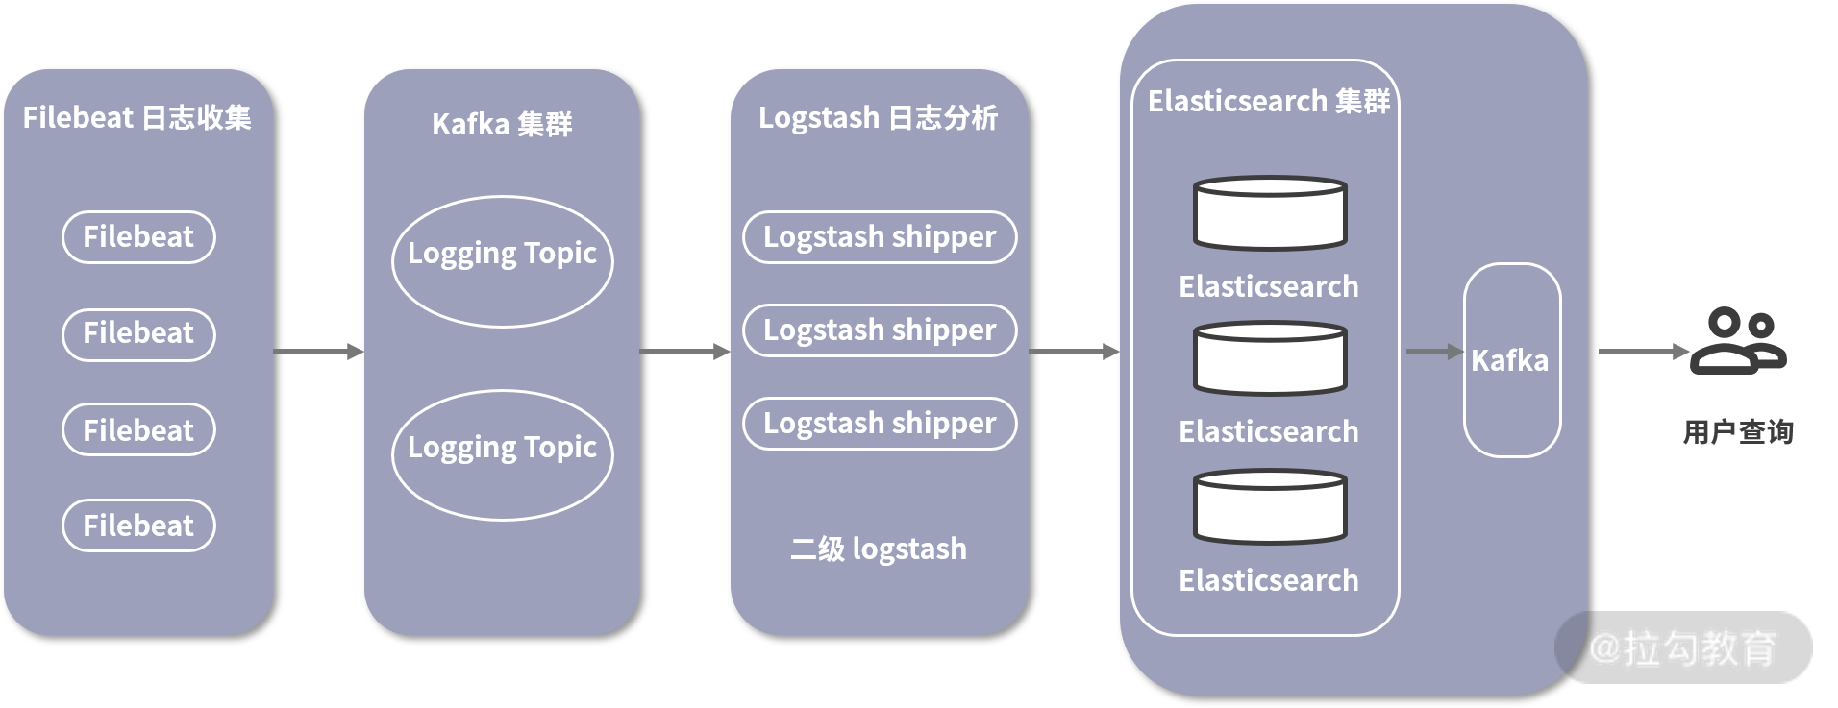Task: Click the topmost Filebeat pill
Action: pyautogui.click(x=138, y=237)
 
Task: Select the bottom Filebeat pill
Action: pyautogui.click(x=138, y=525)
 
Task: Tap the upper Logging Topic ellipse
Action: pyautogui.click(x=502, y=261)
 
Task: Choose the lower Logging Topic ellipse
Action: pyautogui.click(x=502, y=454)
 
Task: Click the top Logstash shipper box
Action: pyautogui.click(x=880, y=237)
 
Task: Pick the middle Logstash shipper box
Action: pyautogui.click(x=880, y=330)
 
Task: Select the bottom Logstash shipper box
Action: pyautogui.click(x=880, y=424)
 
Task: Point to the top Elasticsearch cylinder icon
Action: pyautogui.click(x=1269, y=213)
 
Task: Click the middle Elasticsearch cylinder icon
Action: pyautogui.click(x=1269, y=359)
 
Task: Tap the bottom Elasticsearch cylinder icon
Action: pyautogui.click(x=1269, y=507)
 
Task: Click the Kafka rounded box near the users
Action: pyautogui.click(x=1511, y=360)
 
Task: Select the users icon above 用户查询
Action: pyautogui.click(x=1738, y=341)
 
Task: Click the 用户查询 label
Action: pyautogui.click(x=1738, y=432)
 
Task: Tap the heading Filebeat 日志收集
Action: pyautogui.click(x=137, y=118)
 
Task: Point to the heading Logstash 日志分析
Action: pyautogui.click(x=878, y=118)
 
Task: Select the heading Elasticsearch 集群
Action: pyautogui.click(x=1269, y=101)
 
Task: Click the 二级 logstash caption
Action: pyautogui.click(x=878, y=549)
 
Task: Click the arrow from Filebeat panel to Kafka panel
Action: pyautogui.click(x=318, y=352)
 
